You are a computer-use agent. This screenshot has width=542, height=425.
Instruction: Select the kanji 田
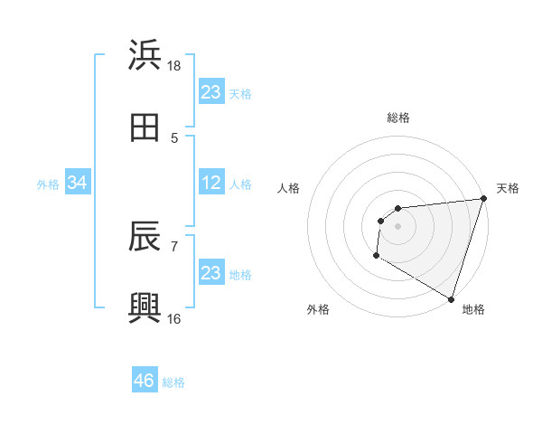(145, 127)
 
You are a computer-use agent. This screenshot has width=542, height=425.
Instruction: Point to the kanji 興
(145, 307)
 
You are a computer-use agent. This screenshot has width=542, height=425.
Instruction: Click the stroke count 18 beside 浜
(174, 66)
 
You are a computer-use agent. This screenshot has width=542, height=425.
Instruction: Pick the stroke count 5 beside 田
(174, 137)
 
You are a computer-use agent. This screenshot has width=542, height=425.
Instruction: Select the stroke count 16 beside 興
(174, 318)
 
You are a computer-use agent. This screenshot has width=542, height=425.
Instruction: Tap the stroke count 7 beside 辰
(174, 245)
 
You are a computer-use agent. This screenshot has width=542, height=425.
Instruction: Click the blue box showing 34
(77, 184)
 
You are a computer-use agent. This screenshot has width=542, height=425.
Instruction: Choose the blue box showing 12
(210, 184)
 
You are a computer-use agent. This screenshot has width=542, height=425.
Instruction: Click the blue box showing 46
(145, 381)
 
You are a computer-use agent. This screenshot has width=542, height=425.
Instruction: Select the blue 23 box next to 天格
(210, 92)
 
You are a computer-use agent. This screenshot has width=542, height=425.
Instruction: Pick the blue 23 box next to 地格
(210, 273)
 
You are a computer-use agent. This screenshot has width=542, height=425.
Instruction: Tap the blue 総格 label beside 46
(173, 382)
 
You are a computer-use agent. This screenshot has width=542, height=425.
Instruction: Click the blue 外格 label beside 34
(48, 184)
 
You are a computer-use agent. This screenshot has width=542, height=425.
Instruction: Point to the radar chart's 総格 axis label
(397, 118)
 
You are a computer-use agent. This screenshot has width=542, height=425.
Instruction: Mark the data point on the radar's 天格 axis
(483, 199)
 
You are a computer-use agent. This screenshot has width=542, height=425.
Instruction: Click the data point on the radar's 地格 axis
(451, 299)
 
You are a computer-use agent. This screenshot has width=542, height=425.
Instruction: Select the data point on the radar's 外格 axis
(376, 256)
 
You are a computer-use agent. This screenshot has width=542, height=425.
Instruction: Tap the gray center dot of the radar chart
(397, 226)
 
